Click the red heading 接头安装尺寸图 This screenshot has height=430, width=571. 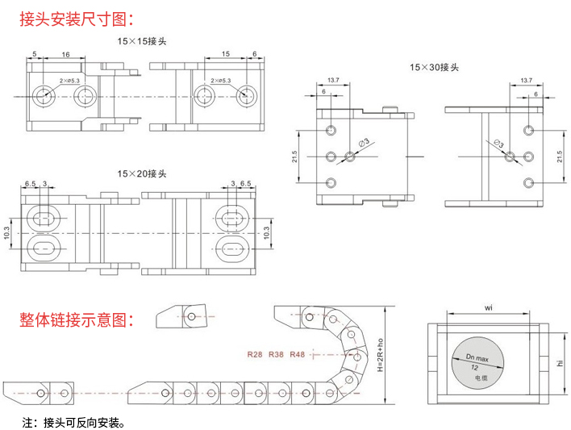pyautogui.click(x=77, y=19)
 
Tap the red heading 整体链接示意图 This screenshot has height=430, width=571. pyautogui.click(x=77, y=319)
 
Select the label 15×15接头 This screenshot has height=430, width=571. pyautogui.click(x=142, y=40)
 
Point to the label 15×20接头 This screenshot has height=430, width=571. pyautogui.click(x=142, y=173)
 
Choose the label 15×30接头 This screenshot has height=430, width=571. pyautogui.click(x=434, y=68)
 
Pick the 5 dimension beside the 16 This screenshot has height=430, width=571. pyautogui.click(x=35, y=54)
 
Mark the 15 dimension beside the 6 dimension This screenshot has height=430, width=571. pyautogui.click(x=225, y=54)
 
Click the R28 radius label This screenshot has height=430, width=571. pyautogui.click(x=256, y=354)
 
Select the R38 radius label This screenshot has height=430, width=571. pyautogui.click(x=276, y=354)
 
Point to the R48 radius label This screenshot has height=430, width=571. pyautogui.click(x=297, y=354)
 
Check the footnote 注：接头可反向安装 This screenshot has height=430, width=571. pyautogui.click(x=74, y=422)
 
